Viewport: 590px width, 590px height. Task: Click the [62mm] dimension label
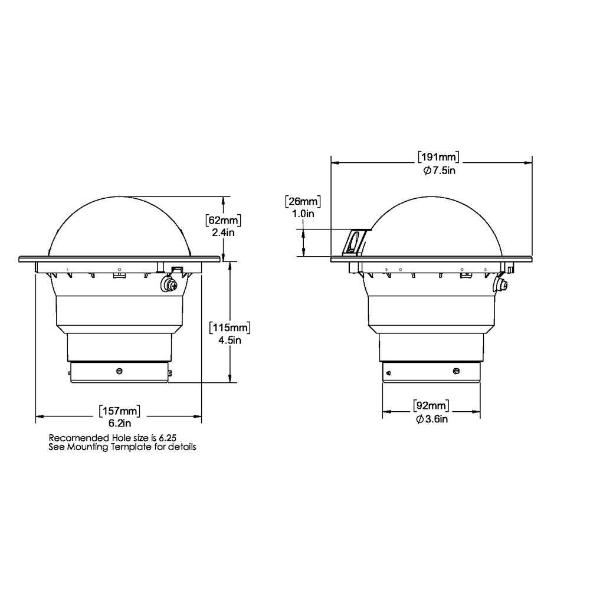pos(223,221)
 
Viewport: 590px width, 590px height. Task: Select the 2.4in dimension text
pos(223,232)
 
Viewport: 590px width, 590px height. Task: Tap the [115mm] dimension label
pos(230,327)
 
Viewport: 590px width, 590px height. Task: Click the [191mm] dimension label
pos(438,157)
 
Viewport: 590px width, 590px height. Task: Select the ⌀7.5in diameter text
pos(438,170)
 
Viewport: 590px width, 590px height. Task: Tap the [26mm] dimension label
pos(302,202)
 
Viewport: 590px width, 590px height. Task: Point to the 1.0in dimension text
pos(302,214)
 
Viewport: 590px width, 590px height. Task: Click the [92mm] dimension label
pos(431,406)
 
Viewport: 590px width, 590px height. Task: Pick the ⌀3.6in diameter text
pos(431,419)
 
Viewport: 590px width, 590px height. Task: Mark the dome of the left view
pos(127,227)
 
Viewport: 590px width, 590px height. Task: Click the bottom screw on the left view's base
pos(120,371)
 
